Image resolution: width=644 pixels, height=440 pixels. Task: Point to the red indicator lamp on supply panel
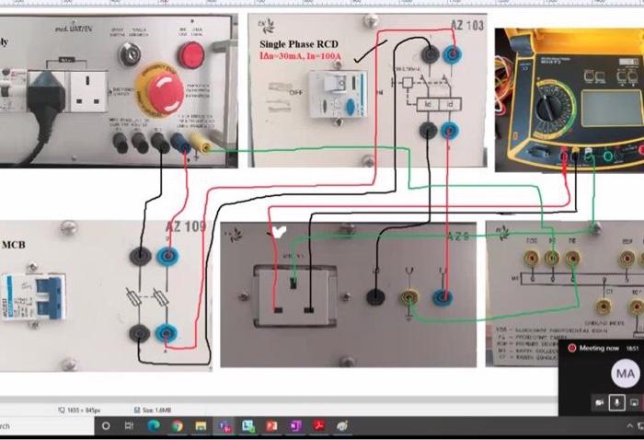click(x=190, y=56)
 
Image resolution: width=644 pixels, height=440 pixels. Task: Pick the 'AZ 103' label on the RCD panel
click(x=465, y=26)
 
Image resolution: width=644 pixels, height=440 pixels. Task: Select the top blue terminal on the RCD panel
click(x=452, y=55)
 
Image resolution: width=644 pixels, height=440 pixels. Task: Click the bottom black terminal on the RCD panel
click(x=428, y=132)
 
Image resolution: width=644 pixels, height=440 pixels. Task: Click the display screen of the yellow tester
click(x=602, y=96)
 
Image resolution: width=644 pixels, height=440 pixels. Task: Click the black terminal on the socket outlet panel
click(x=374, y=296)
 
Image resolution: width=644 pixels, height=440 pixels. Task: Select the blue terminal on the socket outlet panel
click(x=444, y=295)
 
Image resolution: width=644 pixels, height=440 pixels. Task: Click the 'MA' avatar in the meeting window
click(x=626, y=373)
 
